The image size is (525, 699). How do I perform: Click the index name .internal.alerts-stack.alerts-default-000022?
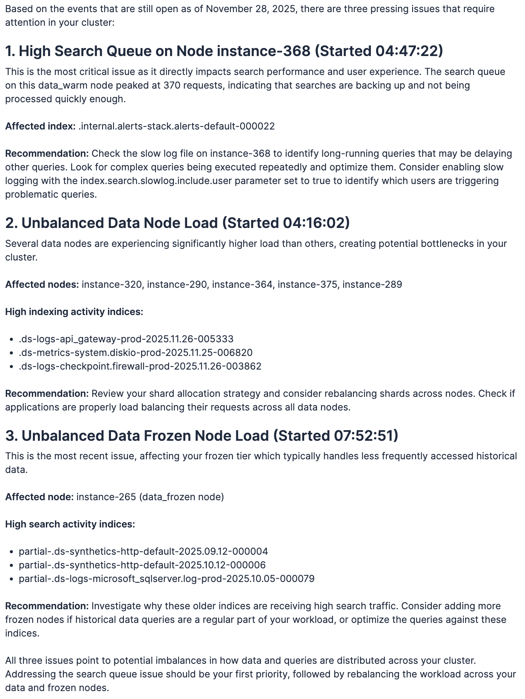(177, 126)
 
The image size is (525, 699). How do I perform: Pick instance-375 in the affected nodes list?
(307, 284)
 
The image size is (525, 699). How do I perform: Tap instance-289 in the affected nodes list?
(372, 284)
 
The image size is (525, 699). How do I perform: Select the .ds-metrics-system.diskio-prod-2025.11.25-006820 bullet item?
(136, 353)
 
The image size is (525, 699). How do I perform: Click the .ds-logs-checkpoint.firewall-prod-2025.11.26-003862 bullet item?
(140, 366)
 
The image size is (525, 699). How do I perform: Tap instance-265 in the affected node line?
(106, 497)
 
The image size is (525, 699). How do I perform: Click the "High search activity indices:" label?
(70, 524)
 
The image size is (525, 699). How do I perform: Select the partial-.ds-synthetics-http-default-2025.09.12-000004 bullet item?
(143, 551)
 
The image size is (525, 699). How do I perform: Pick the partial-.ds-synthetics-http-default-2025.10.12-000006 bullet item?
(142, 565)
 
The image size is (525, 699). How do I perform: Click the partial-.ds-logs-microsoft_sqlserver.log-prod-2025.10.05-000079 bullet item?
(167, 579)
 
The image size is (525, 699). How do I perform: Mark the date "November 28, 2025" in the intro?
(250, 9)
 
